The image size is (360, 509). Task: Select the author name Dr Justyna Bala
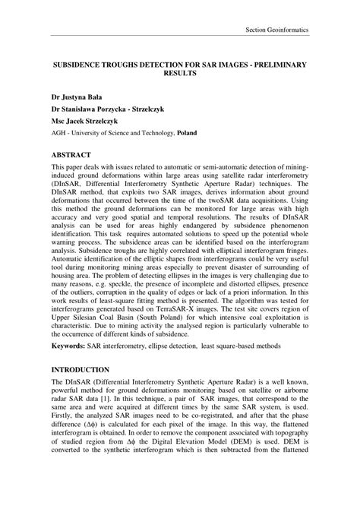pos(77,99)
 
